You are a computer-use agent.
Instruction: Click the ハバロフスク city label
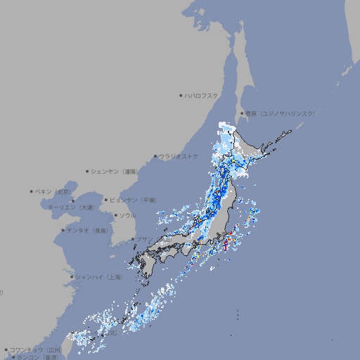click(202, 95)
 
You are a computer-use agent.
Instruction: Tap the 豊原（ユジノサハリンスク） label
click(281, 113)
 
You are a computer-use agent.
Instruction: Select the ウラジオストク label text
click(179, 156)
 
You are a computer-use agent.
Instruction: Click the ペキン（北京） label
click(53, 191)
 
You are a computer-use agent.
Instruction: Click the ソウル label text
click(127, 215)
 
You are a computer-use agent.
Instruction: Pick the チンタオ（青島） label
click(87, 230)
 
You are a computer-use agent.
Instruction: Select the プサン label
click(143, 239)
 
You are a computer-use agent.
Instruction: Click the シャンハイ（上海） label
click(98, 277)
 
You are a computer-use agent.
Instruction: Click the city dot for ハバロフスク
click(181, 95)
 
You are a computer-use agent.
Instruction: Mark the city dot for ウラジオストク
click(155, 157)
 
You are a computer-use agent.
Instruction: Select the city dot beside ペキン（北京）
click(31, 191)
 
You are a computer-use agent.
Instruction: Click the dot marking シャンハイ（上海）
click(72, 277)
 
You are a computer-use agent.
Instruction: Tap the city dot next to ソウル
click(115, 215)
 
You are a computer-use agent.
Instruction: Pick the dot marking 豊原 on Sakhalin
click(242, 113)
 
